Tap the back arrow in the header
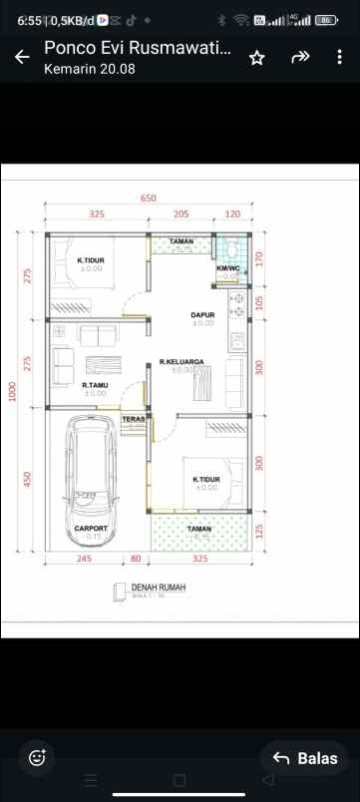point(22,58)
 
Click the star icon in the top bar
point(256,58)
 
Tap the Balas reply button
point(305,758)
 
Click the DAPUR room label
point(202,314)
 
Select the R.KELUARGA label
point(181,362)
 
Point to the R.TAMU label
point(95,385)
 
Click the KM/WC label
point(228,268)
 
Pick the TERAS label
point(134,419)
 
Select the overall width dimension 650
point(149,199)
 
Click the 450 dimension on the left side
point(28,480)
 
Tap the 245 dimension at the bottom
point(83,559)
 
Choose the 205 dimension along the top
point(180,214)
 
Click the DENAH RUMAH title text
point(158,589)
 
